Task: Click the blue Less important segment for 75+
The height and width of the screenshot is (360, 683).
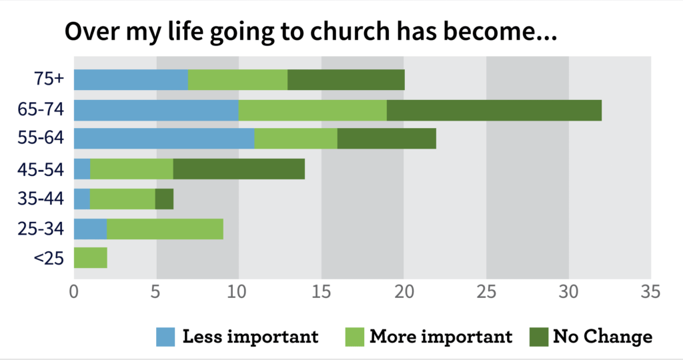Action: click(x=131, y=79)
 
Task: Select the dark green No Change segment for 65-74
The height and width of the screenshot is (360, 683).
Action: click(x=494, y=110)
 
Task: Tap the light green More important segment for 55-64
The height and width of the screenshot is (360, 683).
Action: click(x=295, y=138)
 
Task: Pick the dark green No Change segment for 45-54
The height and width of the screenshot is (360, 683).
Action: click(x=239, y=169)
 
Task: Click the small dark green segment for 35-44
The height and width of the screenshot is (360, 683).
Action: click(x=164, y=199)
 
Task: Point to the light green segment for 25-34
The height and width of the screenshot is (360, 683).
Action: click(x=165, y=229)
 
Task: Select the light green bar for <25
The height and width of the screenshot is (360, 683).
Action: click(x=90, y=257)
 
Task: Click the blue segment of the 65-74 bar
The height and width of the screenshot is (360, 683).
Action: click(x=156, y=110)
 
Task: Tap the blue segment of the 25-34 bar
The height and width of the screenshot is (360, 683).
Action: click(x=90, y=229)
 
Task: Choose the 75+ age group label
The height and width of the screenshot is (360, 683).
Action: click(x=49, y=79)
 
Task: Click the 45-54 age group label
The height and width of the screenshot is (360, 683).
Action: click(x=41, y=169)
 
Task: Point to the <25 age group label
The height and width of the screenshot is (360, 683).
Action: click(x=49, y=257)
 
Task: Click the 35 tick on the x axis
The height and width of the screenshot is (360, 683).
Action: click(x=650, y=292)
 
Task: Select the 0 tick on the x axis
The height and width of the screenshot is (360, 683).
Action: click(x=74, y=292)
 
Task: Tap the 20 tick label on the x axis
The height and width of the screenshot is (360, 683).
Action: click(x=403, y=292)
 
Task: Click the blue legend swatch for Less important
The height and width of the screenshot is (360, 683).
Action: click(x=166, y=337)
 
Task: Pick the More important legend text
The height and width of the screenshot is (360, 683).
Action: click(x=441, y=337)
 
